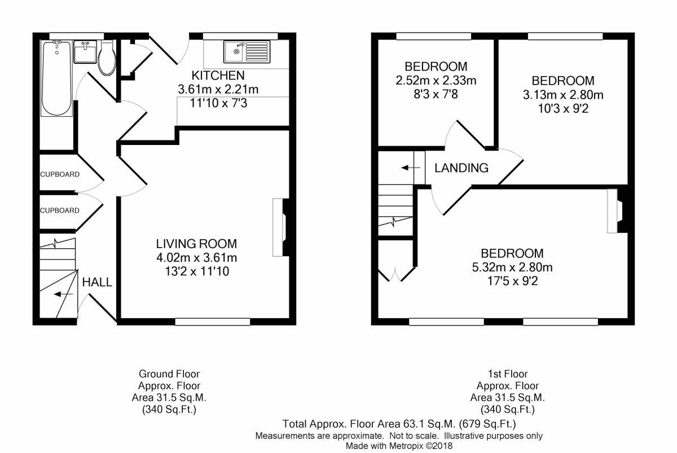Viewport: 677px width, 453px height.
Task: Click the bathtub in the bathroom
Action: [x=57, y=78]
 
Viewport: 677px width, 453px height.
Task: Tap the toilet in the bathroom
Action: [x=107, y=58]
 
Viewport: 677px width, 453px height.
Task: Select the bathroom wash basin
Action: [x=85, y=52]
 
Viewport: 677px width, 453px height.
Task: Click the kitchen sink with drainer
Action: [x=247, y=52]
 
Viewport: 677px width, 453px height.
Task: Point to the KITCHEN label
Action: [x=218, y=75]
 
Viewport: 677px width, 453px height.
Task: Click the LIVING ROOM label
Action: [x=196, y=244]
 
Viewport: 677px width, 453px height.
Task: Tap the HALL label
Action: [x=97, y=282]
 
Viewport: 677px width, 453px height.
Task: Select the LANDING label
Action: [x=461, y=168]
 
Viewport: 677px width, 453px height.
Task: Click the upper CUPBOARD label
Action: [x=60, y=174]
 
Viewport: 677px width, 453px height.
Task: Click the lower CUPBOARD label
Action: [x=60, y=210]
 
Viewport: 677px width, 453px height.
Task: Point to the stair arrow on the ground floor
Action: [x=63, y=294]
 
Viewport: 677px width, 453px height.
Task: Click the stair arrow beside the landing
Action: [x=411, y=168]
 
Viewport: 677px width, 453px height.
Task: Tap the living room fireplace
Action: [x=280, y=227]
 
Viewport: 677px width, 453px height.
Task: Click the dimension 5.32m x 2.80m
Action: [x=512, y=267]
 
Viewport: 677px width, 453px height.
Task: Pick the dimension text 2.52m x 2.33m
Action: [x=436, y=80]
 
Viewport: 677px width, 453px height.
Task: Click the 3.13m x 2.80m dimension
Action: [x=563, y=95]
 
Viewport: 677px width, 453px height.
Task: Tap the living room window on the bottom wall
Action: [x=213, y=322]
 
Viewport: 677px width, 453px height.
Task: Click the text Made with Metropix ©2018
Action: [x=399, y=446]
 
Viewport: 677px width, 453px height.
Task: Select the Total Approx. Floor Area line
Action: [x=399, y=424]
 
